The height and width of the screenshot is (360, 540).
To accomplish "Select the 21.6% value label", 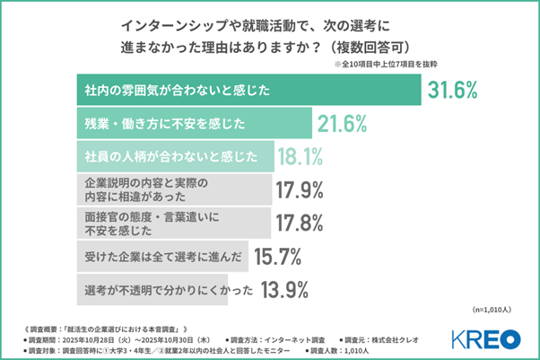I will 345,123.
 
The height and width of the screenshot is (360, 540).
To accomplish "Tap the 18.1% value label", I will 299,157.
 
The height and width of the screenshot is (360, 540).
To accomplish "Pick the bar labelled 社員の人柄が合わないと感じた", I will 170,157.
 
